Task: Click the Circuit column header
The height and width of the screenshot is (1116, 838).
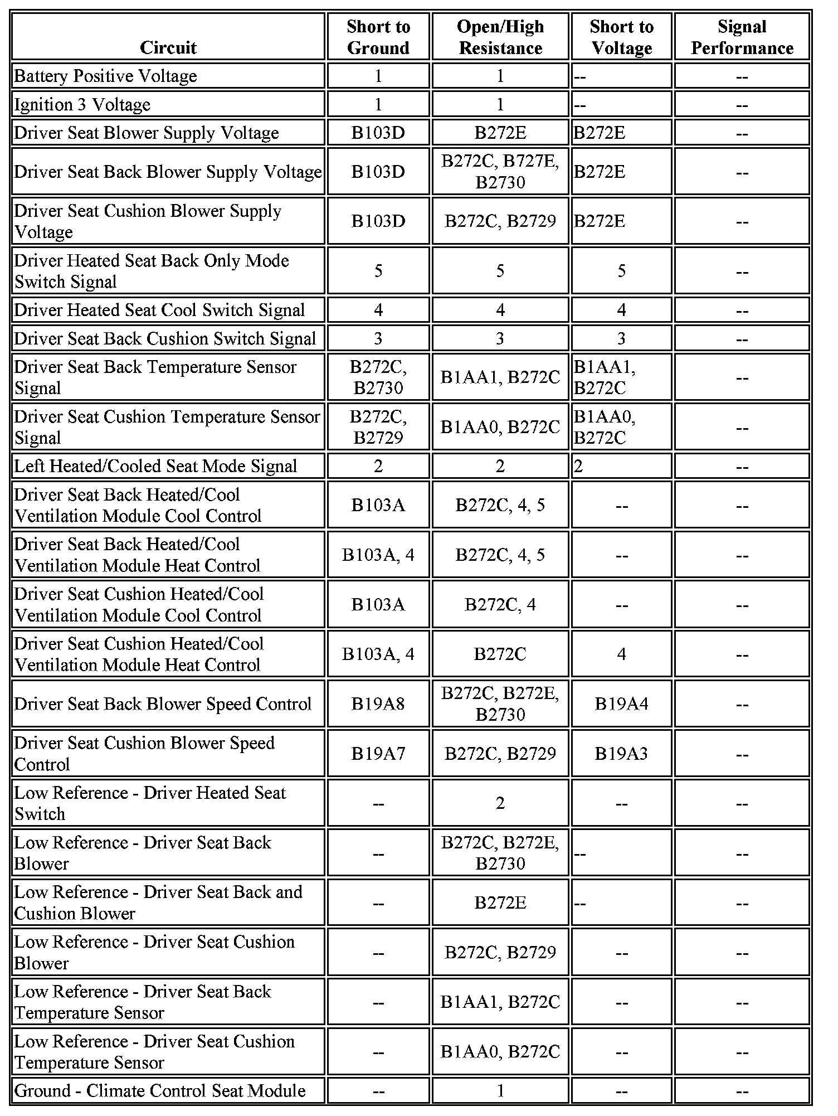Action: click(168, 47)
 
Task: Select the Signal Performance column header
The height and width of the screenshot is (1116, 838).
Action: click(742, 37)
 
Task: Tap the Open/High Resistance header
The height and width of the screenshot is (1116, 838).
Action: click(500, 37)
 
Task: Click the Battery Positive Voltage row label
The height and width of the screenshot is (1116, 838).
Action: click(105, 76)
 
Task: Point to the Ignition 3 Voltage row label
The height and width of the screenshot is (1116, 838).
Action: click(82, 104)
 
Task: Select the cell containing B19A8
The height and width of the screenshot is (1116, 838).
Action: click(378, 703)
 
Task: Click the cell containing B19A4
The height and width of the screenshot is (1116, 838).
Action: click(621, 703)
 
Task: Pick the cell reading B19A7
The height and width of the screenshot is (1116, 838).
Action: click(378, 753)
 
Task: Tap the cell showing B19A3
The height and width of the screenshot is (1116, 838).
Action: click(621, 753)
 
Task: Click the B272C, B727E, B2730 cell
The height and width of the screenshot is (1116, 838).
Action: click(500, 172)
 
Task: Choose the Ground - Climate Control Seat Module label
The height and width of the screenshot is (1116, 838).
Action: click(160, 1090)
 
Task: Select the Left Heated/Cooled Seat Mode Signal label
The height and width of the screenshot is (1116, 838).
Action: click(155, 466)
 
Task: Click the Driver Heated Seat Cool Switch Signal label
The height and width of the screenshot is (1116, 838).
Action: click(159, 310)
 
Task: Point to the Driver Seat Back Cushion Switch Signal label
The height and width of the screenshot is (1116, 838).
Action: click(165, 338)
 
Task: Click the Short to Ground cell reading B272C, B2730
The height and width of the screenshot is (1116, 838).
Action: click(378, 377)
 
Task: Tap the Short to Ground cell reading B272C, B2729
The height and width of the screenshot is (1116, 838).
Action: click(378, 427)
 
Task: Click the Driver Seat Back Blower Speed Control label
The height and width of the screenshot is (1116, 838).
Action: click(163, 703)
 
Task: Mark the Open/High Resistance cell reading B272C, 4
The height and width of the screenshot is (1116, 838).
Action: click(500, 604)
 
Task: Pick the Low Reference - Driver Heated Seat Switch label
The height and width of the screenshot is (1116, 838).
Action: click(150, 803)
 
